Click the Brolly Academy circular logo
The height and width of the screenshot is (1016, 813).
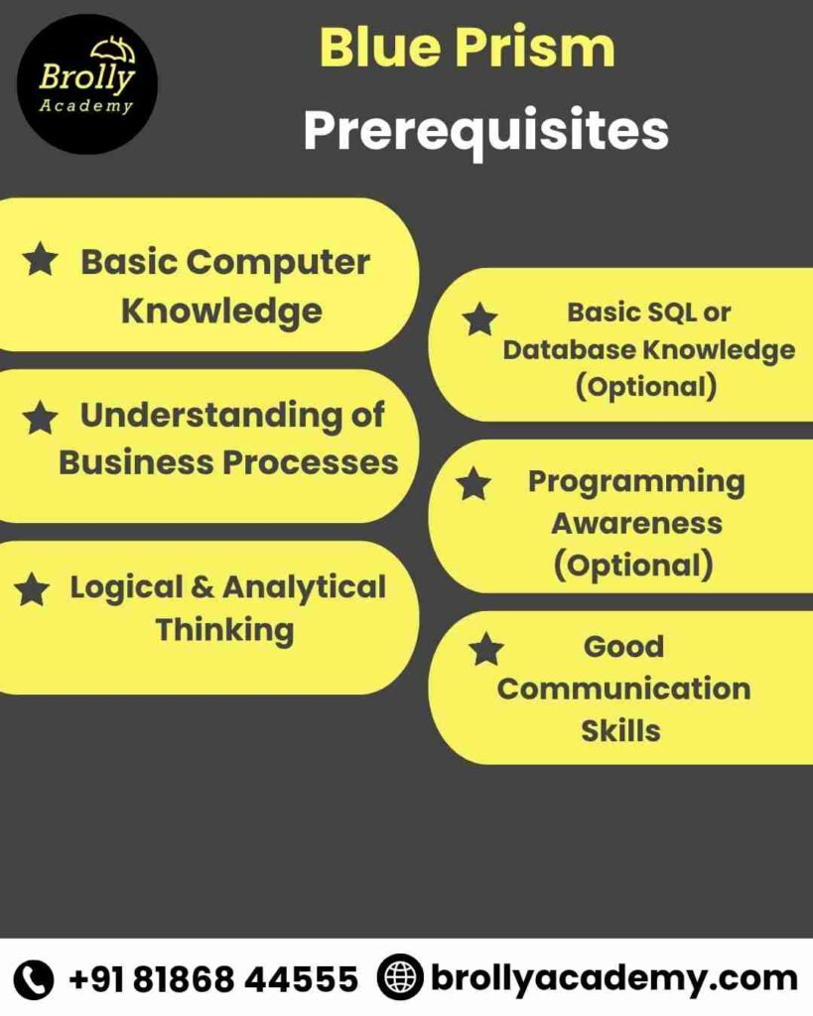click(87, 84)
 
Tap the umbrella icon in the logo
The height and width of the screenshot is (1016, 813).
click(112, 50)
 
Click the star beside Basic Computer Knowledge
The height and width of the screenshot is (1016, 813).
click(41, 261)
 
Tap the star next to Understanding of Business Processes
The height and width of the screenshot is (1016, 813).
click(40, 418)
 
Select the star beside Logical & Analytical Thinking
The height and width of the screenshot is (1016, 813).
click(32, 590)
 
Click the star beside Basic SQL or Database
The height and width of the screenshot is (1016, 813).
click(480, 319)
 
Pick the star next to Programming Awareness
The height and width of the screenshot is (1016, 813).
click(474, 484)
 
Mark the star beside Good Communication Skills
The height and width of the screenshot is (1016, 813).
click(486, 650)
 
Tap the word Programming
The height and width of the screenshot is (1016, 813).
click(636, 481)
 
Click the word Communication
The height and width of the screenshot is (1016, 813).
click(623, 689)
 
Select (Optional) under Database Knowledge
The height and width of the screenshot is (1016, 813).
click(646, 386)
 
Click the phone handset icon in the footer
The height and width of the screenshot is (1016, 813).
click(36, 979)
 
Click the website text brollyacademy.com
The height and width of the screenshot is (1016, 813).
click(613, 978)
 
